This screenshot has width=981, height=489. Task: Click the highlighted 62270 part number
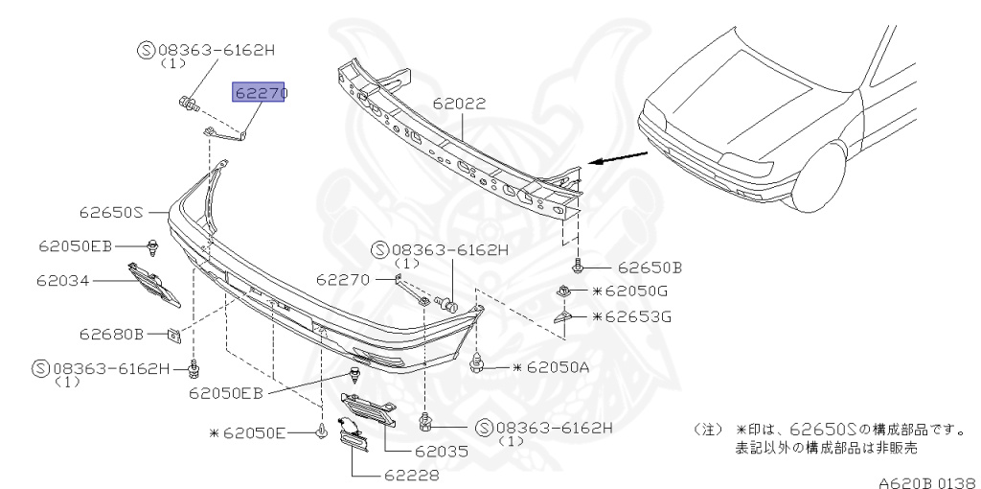tap(259, 92)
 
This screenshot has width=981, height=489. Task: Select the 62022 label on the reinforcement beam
tap(459, 104)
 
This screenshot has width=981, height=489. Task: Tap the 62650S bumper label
tap(111, 212)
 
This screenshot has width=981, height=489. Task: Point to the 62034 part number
tap(62, 281)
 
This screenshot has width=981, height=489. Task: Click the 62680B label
tap(111, 334)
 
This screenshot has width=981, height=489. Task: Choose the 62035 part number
tap(441, 451)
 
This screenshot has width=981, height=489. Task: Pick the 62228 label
tap(412, 476)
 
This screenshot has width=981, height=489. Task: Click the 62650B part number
tap(650, 268)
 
